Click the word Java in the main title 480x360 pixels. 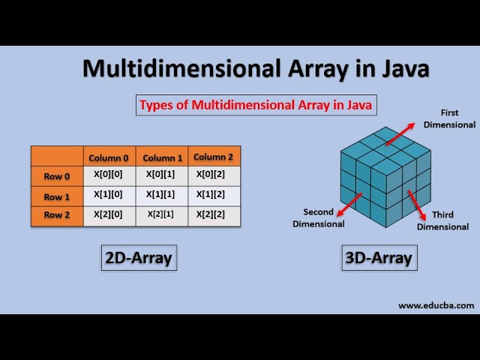pos(399,68)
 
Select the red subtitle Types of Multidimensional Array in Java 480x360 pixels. pos(255,105)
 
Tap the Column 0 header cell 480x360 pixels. pos(109,157)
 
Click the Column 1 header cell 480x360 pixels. pos(163,157)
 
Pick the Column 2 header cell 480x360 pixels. pos(214,157)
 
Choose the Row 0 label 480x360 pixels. pos(57,176)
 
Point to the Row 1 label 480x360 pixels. pos(57,196)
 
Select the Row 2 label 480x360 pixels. pos(57,216)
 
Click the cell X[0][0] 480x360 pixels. pos(109,175)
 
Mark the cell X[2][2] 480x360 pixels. pos(214,214)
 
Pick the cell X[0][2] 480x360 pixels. pos(214,175)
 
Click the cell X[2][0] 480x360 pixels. pos(109,214)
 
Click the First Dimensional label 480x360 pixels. pos(449,118)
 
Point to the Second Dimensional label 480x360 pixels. pos(319,217)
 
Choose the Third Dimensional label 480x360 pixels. pos(442,220)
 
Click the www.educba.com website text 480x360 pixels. pos(436,305)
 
